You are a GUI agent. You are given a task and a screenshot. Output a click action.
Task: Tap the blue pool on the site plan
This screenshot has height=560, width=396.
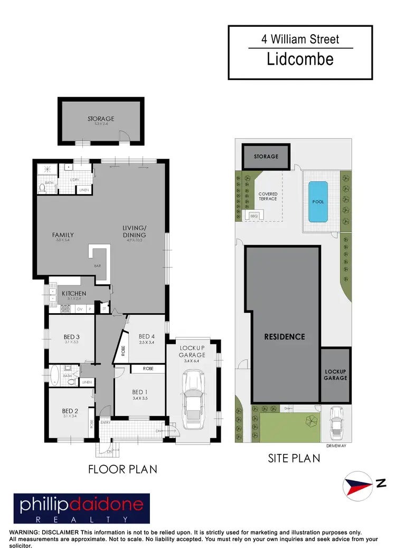tap(318, 201)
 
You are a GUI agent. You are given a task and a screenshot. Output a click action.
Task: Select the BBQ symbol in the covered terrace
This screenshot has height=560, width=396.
tap(253, 215)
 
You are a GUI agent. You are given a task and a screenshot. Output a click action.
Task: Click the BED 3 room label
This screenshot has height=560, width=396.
tap(71, 336)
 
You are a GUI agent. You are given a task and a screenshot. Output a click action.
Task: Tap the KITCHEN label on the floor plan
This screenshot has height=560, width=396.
tap(74, 294)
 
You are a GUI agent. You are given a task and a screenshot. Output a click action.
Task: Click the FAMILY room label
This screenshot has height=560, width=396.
tap(63, 235)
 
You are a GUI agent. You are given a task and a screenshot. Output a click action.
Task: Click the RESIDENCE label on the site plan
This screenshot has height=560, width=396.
tap(285, 336)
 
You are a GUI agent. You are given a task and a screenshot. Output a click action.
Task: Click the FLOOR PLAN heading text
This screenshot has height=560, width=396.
tap(123, 469)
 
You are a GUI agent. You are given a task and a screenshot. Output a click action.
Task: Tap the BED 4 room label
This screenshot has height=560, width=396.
tap(147, 336)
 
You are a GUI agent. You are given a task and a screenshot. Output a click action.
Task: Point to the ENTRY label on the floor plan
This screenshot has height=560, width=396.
tap(105, 422)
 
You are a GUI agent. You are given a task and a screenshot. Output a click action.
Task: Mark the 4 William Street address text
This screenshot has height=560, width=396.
tap(300, 38)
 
